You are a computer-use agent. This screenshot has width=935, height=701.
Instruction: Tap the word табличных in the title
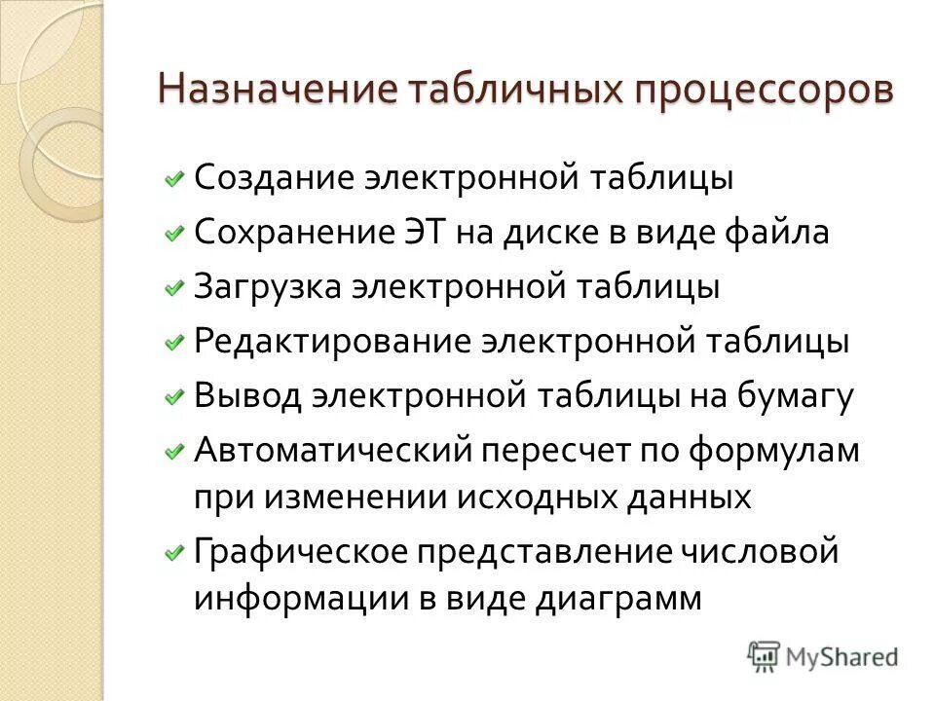[x=515, y=92]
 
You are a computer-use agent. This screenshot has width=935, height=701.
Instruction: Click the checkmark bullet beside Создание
[x=173, y=179]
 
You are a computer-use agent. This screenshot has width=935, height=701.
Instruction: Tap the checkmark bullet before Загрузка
[x=173, y=288]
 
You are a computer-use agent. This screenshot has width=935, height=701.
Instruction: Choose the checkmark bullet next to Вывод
[x=173, y=397]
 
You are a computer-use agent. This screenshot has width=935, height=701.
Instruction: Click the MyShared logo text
[x=841, y=656]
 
